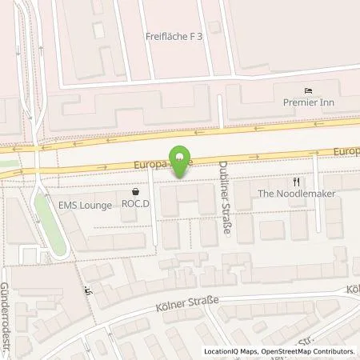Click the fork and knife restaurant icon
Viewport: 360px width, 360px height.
click(x=297, y=181)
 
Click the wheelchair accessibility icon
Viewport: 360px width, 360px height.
click(x=88, y=291)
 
